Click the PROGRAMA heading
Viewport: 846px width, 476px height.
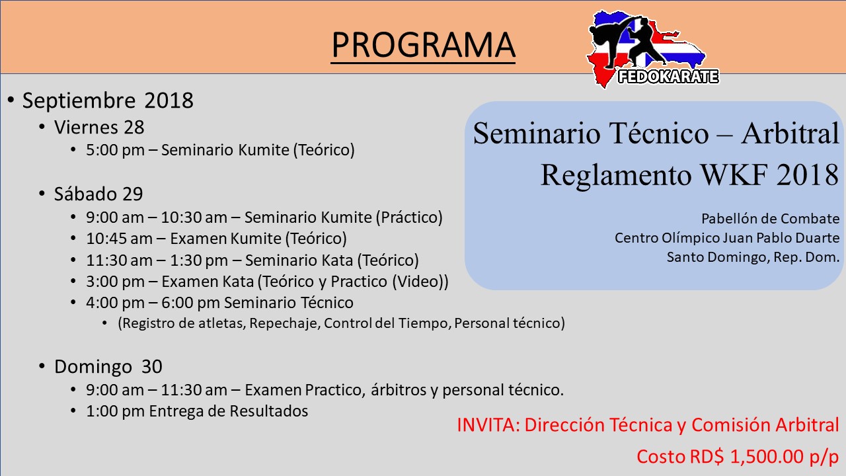click(423, 44)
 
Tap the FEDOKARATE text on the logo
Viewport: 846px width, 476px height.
click(668, 77)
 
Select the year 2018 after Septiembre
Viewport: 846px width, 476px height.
click(169, 100)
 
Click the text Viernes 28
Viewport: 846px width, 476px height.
click(99, 128)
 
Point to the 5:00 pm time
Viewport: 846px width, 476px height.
click(115, 150)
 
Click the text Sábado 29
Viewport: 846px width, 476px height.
click(98, 194)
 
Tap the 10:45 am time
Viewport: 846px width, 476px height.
click(119, 239)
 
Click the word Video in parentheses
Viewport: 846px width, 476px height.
click(418, 282)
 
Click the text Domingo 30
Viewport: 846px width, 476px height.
click(108, 366)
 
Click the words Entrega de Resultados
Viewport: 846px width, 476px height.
click(229, 411)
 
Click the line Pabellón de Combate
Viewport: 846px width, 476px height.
click(771, 219)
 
